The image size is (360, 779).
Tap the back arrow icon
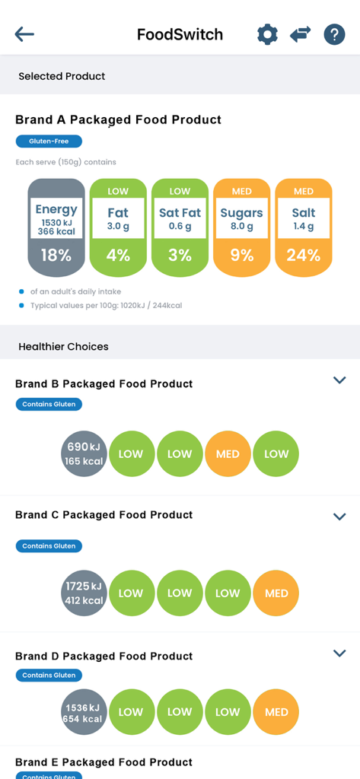[24, 34]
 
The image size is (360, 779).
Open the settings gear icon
[267, 34]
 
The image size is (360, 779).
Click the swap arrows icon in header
[301, 34]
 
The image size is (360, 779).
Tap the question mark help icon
[334, 34]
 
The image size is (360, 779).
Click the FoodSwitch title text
[180, 34]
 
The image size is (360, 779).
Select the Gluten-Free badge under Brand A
[49, 141]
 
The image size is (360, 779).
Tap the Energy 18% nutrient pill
[56, 227]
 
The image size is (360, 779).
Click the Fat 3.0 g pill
[118, 227]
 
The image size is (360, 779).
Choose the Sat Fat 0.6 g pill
[180, 227]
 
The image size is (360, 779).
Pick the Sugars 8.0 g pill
[242, 227]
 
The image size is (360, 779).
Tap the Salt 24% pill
[304, 227]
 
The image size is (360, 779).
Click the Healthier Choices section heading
[63, 346]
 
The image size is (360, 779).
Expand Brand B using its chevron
[339, 380]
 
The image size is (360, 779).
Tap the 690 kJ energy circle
[84, 454]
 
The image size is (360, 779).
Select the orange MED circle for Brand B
[228, 454]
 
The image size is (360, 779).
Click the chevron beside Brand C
[339, 517]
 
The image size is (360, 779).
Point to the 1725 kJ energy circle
[84, 593]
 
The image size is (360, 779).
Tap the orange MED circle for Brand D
[276, 712]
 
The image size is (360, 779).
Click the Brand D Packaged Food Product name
[104, 656]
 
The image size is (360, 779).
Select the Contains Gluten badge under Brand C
[49, 546]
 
